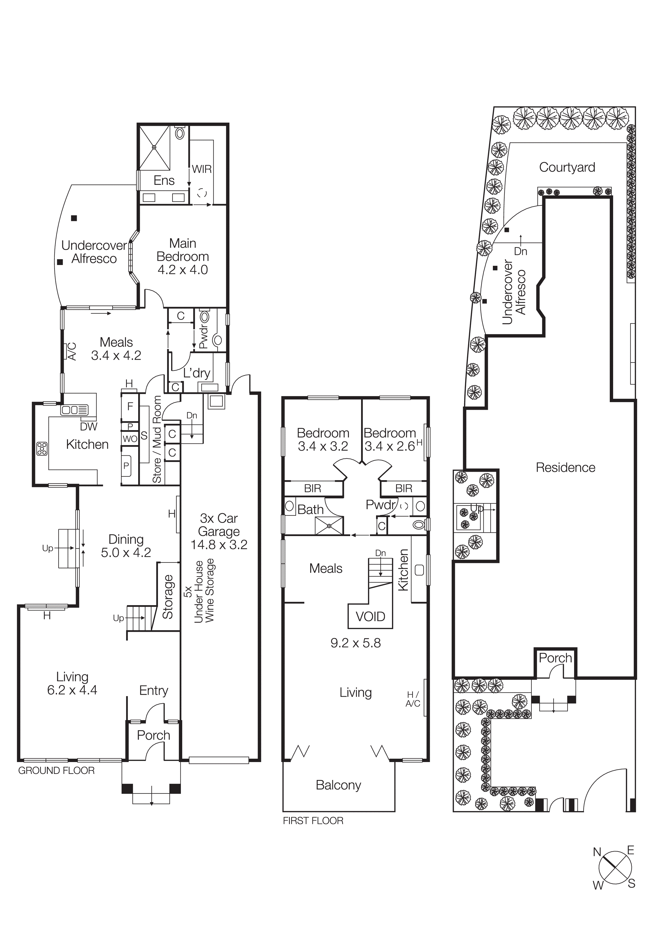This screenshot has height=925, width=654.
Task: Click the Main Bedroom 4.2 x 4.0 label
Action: pyautogui.click(x=182, y=256)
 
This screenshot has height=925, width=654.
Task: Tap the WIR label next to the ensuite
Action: pyautogui.click(x=201, y=169)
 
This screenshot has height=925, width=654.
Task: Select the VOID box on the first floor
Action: pyautogui.click(x=370, y=617)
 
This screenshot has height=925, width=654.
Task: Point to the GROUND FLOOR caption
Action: pyautogui.click(x=56, y=771)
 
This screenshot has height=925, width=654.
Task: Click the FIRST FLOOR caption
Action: pyautogui.click(x=313, y=821)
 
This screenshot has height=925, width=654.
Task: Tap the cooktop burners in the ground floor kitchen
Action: pyautogui.click(x=42, y=449)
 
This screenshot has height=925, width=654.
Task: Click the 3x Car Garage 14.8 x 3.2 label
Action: pyautogui.click(x=219, y=531)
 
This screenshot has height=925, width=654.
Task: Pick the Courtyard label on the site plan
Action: pyautogui.click(x=567, y=167)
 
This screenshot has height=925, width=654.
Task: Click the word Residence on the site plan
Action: pyautogui.click(x=565, y=468)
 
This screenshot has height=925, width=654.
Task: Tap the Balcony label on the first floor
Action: pyautogui.click(x=339, y=785)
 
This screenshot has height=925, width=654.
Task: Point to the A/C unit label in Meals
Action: pyautogui.click(x=71, y=351)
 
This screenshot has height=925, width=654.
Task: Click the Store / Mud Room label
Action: pyautogui.click(x=157, y=439)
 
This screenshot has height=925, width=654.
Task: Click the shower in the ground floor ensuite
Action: pyautogui.click(x=154, y=147)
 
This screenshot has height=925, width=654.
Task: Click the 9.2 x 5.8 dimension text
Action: pyautogui.click(x=355, y=643)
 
